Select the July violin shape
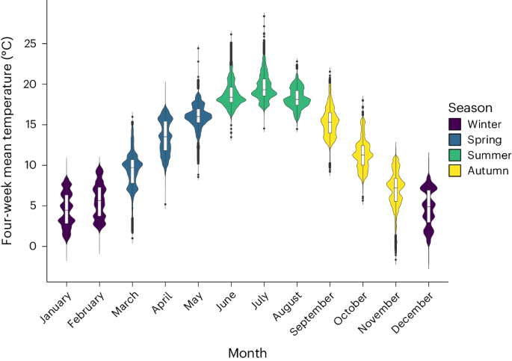click(x=264, y=89)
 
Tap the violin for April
click(x=165, y=138)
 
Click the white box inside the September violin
click(x=330, y=121)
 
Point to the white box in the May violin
click(x=198, y=115)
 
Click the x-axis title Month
click(x=247, y=351)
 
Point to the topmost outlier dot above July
click(x=264, y=15)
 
